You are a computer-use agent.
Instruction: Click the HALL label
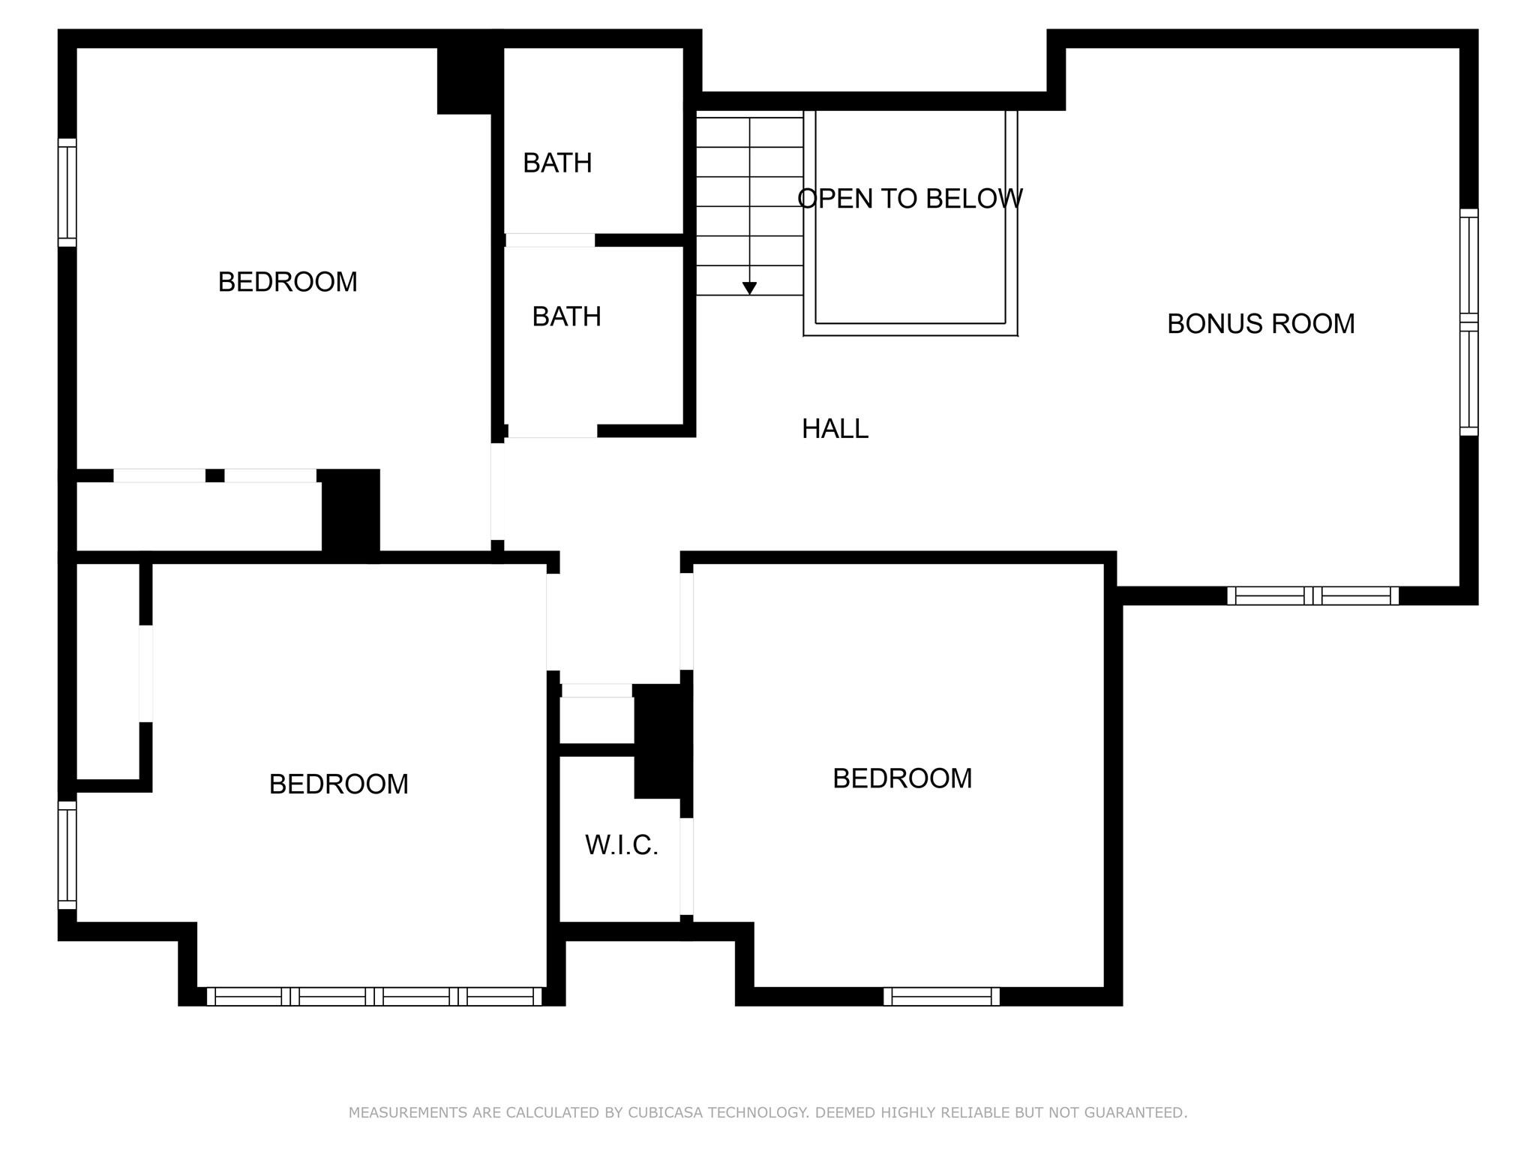[835, 429]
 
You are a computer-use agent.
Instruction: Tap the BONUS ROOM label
[1261, 324]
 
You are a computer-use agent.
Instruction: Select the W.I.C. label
[621, 845]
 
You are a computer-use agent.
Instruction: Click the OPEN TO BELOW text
[910, 199]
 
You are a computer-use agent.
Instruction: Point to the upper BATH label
[557, 163]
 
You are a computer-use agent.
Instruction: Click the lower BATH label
[566, 316]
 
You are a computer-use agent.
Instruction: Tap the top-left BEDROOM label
[287, 282]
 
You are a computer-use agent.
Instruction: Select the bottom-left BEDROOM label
[338, 784]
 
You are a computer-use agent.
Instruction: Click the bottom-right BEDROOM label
[902, 778]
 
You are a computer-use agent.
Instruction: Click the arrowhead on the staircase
[749, 289]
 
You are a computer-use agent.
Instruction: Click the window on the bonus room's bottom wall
[1312, 596]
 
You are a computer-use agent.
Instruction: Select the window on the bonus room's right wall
[1468, 322]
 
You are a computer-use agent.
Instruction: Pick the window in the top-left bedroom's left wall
[67, 192]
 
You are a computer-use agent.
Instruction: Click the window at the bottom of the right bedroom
[941, 997]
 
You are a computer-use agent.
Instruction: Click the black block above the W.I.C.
[661, 741]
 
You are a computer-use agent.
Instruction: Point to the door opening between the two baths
[550, 240]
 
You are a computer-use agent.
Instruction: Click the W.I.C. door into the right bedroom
[686, 866]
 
